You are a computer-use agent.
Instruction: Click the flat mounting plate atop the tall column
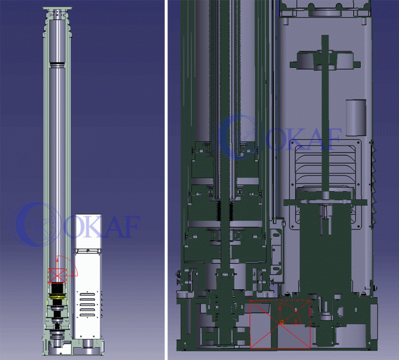point(58,9)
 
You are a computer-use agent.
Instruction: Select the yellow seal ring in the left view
point(58,297)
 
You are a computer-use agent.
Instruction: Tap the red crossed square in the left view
point(58,276)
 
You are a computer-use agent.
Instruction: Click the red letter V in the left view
point(73,272)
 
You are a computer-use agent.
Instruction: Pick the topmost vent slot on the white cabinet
point(87,295)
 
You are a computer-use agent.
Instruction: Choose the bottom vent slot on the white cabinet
point(87,315)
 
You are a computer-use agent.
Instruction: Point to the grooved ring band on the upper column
point(58,65)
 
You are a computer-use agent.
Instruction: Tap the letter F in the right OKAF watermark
point(332,140)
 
